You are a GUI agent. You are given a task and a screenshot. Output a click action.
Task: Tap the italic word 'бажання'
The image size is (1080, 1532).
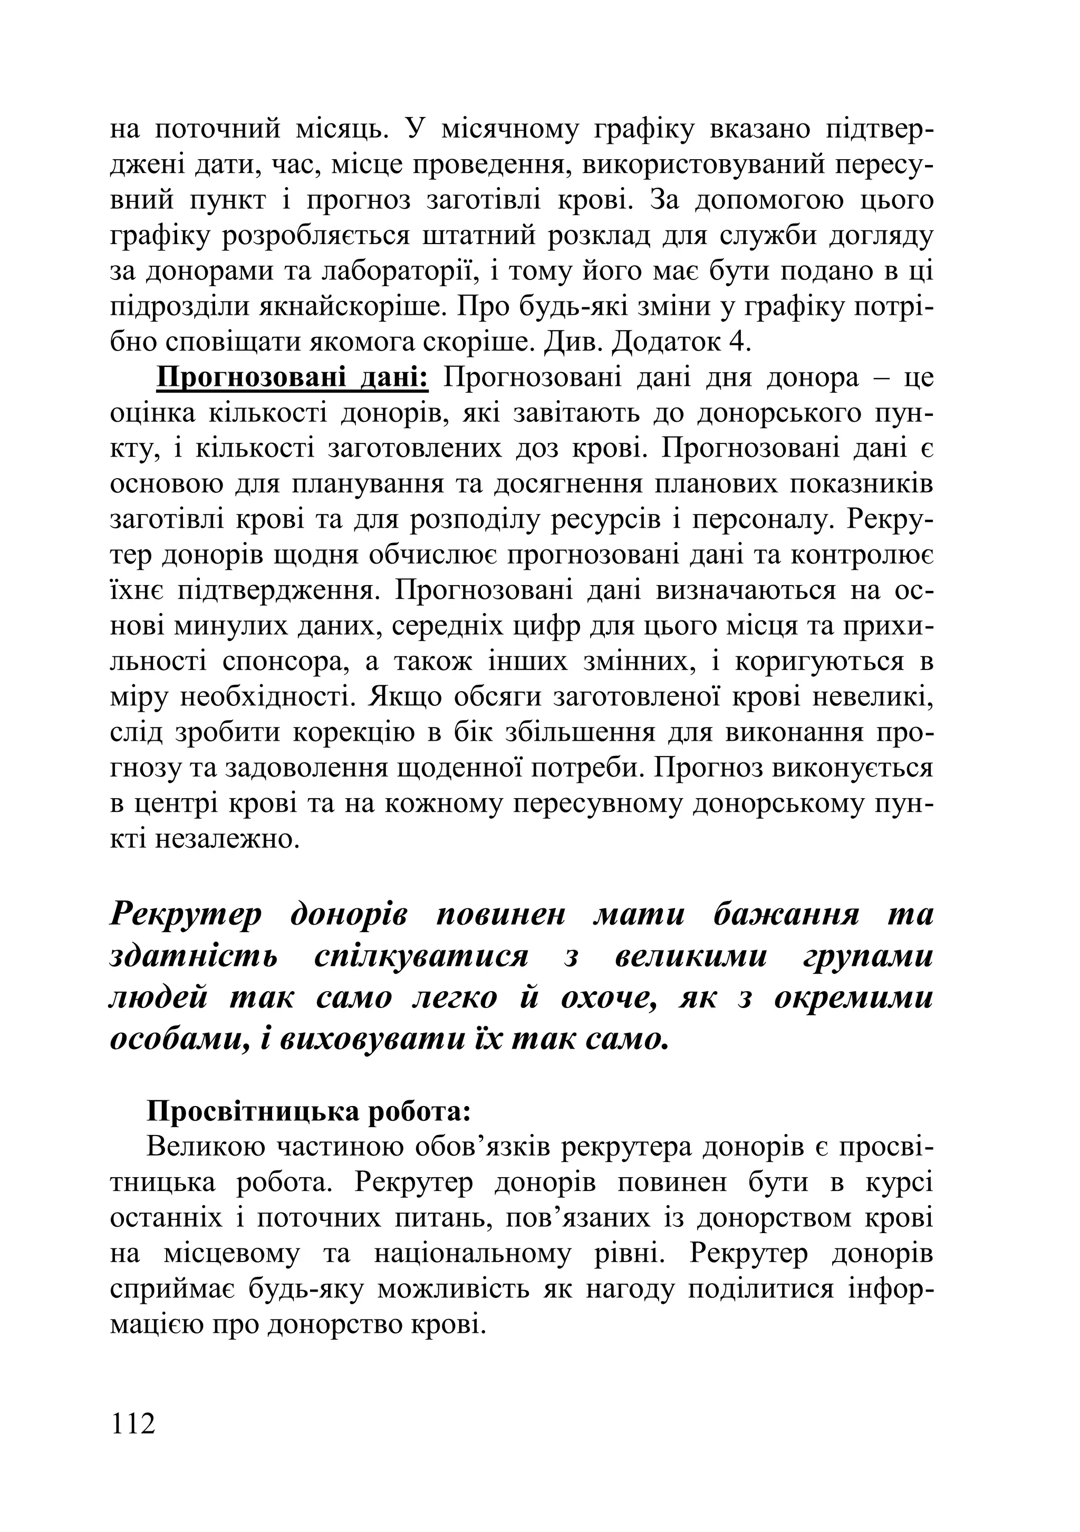[x=786, y=914]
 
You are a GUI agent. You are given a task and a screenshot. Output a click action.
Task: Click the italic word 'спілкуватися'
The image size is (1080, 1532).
[x=420, y=956]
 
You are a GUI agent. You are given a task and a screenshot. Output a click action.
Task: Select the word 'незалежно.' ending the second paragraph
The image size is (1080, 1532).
[x=227, y=839]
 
